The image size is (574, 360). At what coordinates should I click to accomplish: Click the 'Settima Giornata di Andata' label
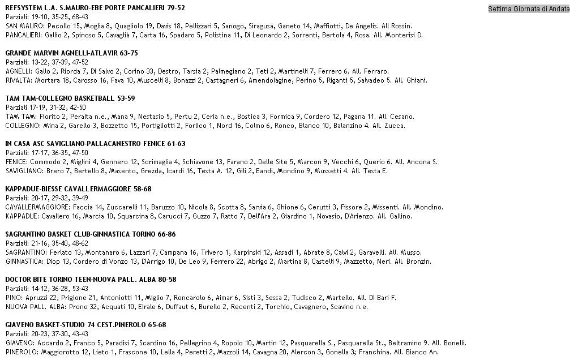click(x=529, y=8)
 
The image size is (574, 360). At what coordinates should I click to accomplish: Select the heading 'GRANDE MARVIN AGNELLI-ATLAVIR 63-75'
click(x=71, y=53)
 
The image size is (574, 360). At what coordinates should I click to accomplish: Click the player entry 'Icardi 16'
click(x=178, y=171)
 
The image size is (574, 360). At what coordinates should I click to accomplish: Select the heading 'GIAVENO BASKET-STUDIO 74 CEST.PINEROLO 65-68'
click(x=85, y=325)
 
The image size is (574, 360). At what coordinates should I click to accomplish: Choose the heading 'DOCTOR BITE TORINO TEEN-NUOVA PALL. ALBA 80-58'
click(x=91, y=280)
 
